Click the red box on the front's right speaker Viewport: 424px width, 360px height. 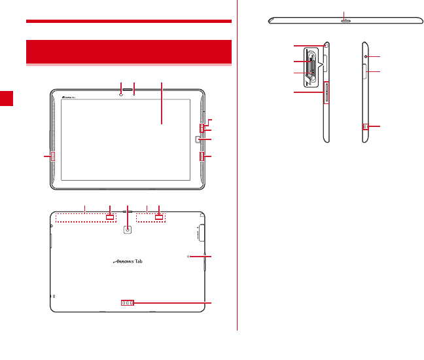pyautogui.click(x=202, y=156)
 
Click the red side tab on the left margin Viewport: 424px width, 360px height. pyautogui.click(x=6, y=99)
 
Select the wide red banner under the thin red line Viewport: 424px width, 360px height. pyautogui.click(x=128, y=52)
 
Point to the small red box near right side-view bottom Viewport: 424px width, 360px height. pyautogui.click(x=365, y=126)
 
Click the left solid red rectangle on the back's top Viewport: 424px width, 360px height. pyautogui.click(x=110, y=217)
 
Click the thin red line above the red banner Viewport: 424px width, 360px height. pyautogui.click(x=128, y=22)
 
